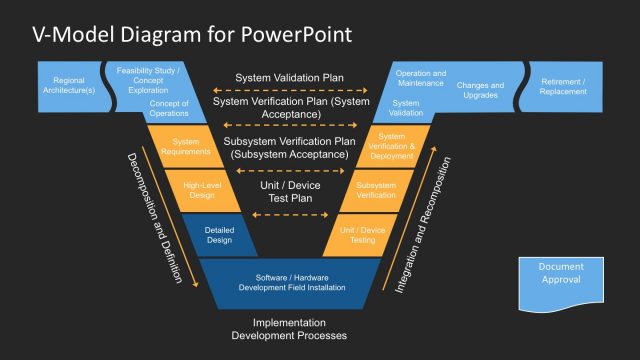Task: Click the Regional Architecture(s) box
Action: point(69,85)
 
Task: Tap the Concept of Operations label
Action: point(169,108)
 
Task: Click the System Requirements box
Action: point(192,146)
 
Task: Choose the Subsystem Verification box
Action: point(376,190)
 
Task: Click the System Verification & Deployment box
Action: point(391,147)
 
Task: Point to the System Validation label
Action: point(406,108)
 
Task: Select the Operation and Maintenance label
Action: point(421,78)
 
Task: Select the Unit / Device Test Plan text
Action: point(290,191)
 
